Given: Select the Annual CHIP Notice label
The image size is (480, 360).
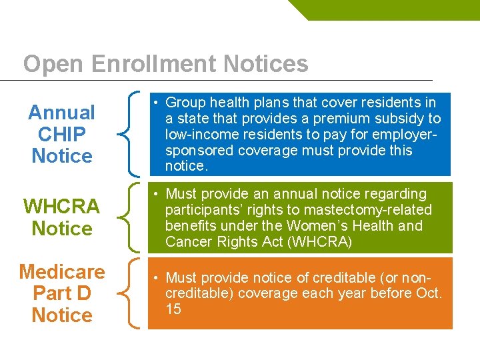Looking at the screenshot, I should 62,134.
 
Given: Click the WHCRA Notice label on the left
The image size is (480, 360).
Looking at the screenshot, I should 62,217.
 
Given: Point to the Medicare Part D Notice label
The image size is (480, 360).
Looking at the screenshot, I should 62,293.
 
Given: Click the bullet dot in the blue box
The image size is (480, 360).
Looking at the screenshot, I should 154,103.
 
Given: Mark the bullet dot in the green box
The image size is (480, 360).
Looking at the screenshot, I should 154,195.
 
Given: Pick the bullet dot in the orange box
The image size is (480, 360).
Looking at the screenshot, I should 154,278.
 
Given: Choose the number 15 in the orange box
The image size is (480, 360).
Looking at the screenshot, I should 173,309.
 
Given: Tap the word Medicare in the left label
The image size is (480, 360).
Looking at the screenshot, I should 62,272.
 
